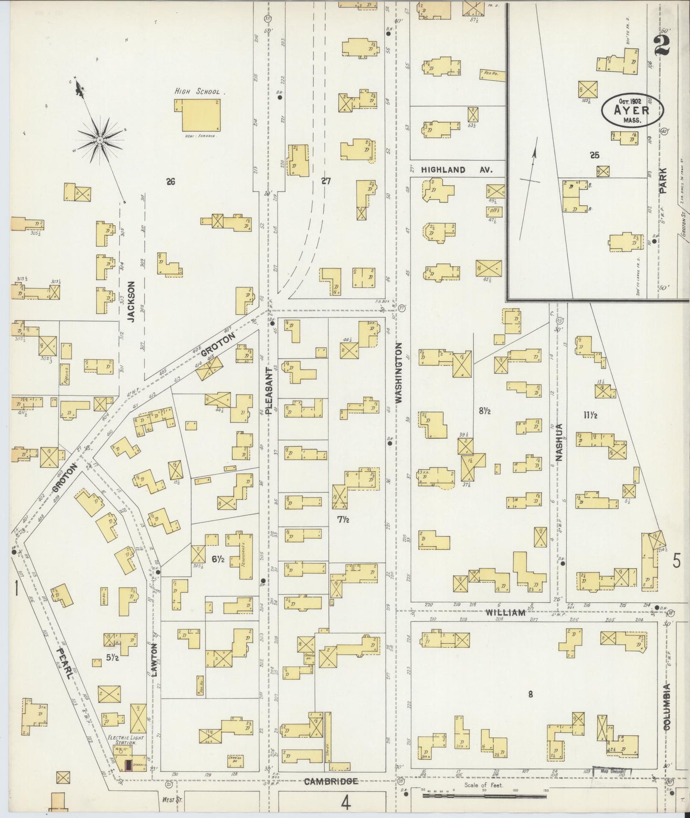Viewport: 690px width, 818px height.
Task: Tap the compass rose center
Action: pos(100,140)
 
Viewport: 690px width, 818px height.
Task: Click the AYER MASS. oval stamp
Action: pos(632,110)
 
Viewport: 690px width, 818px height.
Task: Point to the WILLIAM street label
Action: pos(506,613)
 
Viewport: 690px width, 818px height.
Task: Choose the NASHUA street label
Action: pos(559,442)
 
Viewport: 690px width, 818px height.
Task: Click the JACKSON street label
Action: pos(131,302)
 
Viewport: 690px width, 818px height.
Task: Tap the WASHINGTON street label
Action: pos(399,373)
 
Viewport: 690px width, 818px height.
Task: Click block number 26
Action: pos(170,181)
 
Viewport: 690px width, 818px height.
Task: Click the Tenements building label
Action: pos(243,554)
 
